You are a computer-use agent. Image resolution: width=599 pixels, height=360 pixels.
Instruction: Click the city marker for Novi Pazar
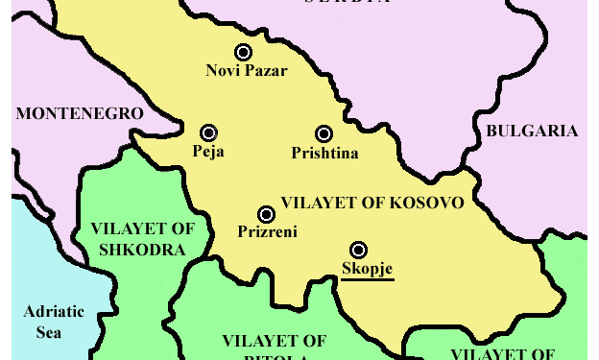click(244, 53)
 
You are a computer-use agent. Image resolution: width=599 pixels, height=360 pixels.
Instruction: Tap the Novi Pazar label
click(247, 71)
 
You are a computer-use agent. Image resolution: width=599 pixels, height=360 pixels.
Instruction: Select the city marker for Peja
click(208, 133)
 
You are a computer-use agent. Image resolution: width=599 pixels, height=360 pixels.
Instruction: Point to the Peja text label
click(208, 152)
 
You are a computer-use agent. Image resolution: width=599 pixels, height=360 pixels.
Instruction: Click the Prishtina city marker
click(323, 134)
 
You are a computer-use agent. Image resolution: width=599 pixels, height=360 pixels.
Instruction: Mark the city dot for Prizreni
click(266, 214)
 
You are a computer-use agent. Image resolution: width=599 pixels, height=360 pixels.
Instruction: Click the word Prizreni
click(267, 231)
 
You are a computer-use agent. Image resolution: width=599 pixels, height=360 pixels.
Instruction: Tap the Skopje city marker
click(358, 250)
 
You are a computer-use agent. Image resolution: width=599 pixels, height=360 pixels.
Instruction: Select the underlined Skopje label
click(367, 268)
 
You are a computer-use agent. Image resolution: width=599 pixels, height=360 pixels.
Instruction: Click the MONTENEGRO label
click(80, 113)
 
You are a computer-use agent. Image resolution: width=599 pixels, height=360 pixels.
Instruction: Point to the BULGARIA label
click(532, 132)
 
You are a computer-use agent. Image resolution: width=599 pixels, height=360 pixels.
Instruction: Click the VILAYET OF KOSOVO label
click(372, 204)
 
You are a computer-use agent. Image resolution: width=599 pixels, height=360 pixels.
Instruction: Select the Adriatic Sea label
click(54, 322)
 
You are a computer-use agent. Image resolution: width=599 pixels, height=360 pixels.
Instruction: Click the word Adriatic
click(54, 312)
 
